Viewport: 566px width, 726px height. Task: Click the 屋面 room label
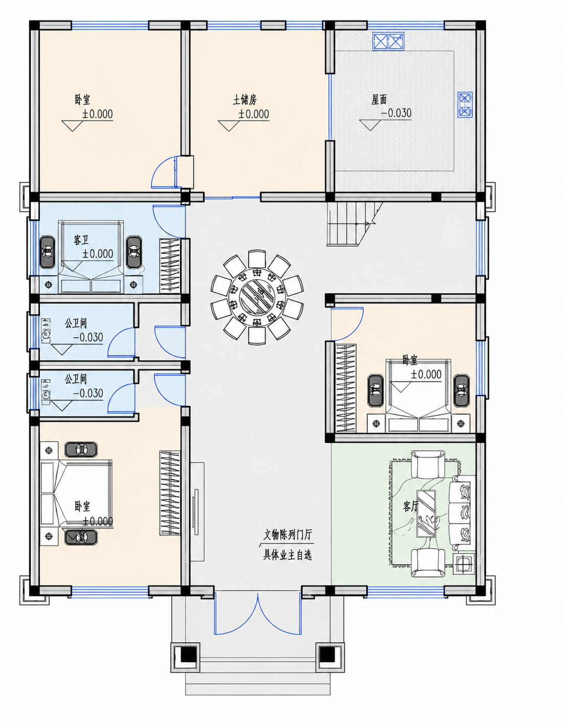pos(379,100)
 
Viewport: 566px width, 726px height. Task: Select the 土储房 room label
pos(245,100)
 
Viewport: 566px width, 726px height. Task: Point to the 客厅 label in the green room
pos(411,506)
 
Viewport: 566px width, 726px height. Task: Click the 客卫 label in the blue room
pos(81,240)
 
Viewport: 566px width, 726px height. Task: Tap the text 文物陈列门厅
pos(287,535)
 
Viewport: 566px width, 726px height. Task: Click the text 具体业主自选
pos(287,555)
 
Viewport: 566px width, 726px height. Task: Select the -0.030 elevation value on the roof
pos(396,113)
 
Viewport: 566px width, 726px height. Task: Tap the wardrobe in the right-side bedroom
pos(345,388)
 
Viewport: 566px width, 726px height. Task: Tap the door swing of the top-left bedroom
pos(164,172)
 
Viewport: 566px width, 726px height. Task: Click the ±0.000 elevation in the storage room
pos(254,114)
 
